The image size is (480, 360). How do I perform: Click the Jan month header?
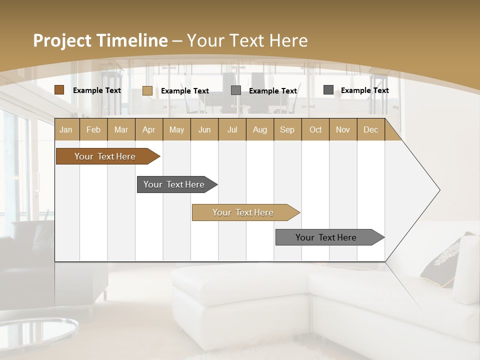coord(66,129)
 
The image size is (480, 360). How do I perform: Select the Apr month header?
coord(149,129)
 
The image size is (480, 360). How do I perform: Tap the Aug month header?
coord(259,129)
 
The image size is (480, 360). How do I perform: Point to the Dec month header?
coord(370,129)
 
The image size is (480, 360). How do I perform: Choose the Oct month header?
coord(315,129)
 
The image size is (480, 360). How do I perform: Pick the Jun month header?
coord(204,129)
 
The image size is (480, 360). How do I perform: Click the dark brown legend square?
coord(59,90)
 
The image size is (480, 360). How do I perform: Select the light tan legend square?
coord(147,90)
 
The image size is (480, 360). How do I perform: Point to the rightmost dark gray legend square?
coord(328,90)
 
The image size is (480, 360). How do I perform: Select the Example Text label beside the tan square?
coord(184,91)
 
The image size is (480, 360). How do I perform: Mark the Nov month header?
coord(342,129)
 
